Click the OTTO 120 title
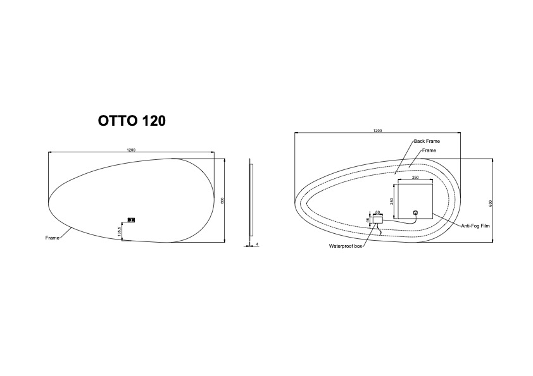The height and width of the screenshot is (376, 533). point(132,121)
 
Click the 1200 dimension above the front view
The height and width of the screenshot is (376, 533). point(131,150)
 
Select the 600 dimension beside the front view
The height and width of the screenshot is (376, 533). point(223,200)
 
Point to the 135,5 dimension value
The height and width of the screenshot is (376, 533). point(119,231)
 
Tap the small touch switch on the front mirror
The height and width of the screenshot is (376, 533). point(131,220)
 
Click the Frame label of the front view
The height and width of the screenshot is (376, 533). point(52,238)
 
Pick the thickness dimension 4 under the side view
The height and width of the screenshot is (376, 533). point(258,244)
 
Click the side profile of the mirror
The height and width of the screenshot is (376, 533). point(251,201)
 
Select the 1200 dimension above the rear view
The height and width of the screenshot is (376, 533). point(377,131)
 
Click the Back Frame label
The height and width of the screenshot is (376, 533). point(427,141)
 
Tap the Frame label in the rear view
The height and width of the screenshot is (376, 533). point(429,150)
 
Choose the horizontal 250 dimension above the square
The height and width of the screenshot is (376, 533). point(415,178)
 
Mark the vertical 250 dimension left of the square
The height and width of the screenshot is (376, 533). point(392,202)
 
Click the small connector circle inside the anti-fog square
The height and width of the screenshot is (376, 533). point(415,213)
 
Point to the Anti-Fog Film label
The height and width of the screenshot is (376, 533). point(475,226)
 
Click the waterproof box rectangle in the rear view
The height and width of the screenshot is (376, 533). point(378,220)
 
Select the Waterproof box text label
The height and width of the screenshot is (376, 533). point(346,246)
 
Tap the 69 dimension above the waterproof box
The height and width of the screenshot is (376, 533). point(377,212)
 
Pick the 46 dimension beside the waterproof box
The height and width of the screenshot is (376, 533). point(368,220)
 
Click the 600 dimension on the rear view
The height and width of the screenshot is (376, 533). point(491,203)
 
